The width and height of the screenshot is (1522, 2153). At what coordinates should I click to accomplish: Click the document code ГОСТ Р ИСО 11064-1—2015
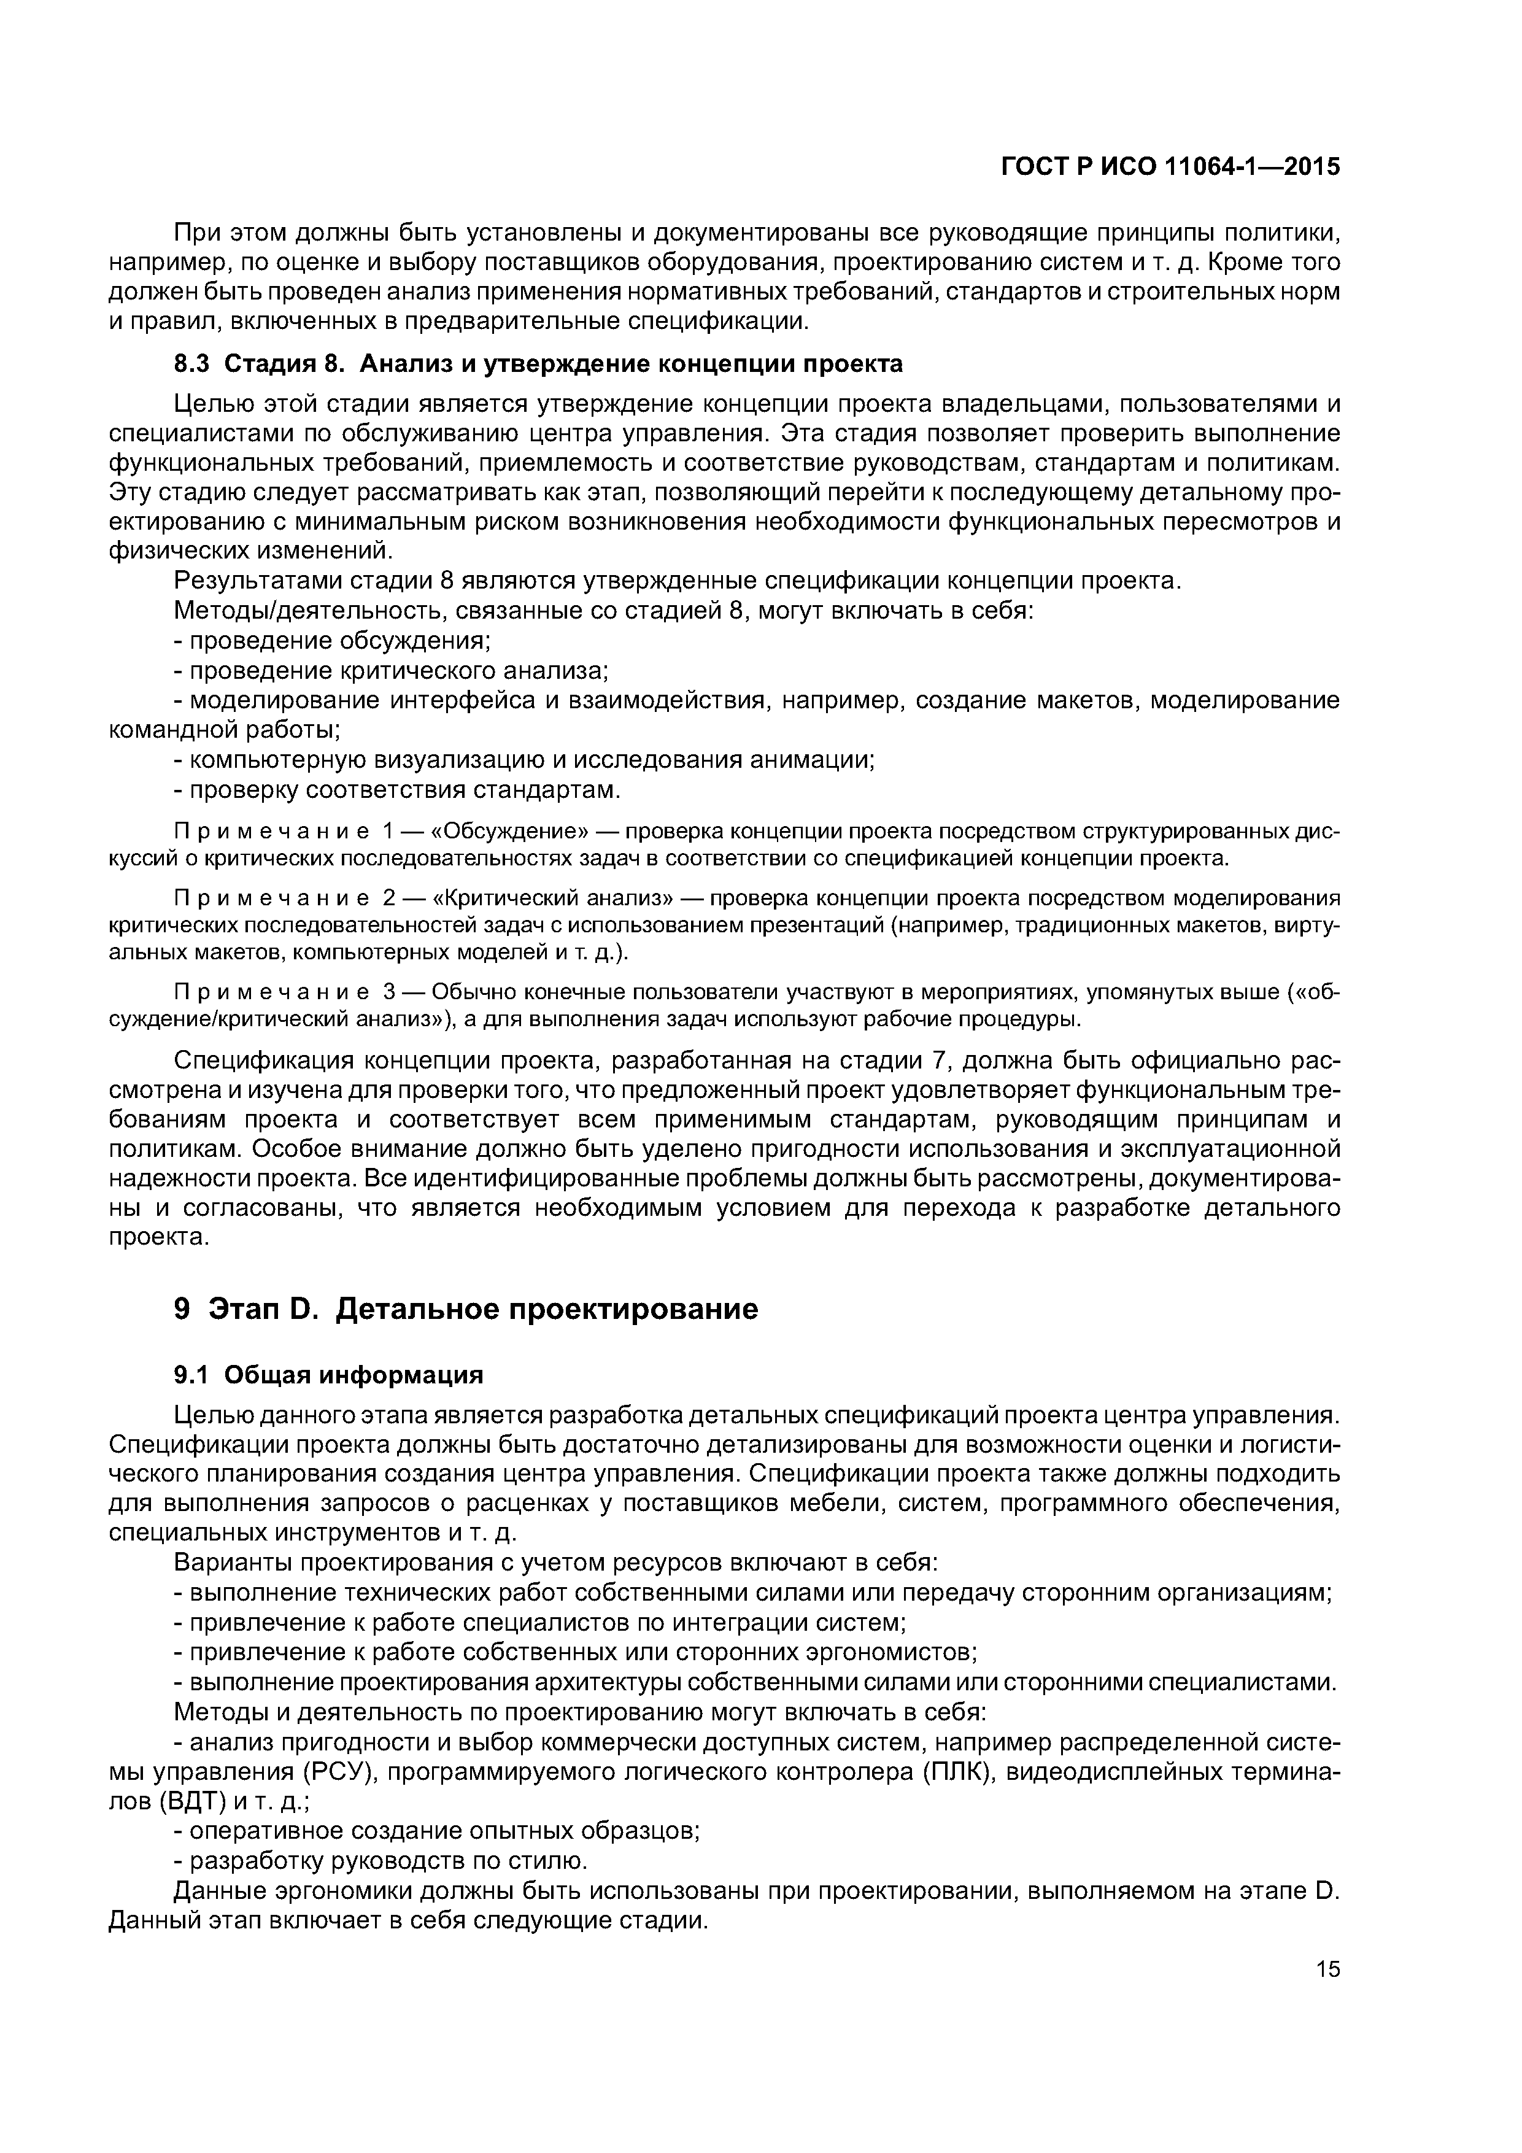(x=1170, y=167)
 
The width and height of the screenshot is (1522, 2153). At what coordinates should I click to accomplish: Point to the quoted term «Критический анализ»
(x=554, y=899)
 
